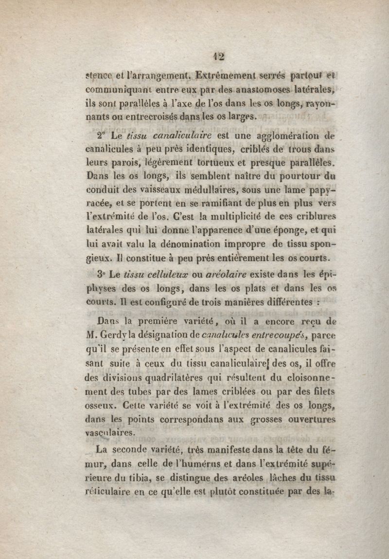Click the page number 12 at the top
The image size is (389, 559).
(218, 56)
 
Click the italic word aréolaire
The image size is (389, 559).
(205, 274)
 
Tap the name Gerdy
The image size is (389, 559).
(111, 335)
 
